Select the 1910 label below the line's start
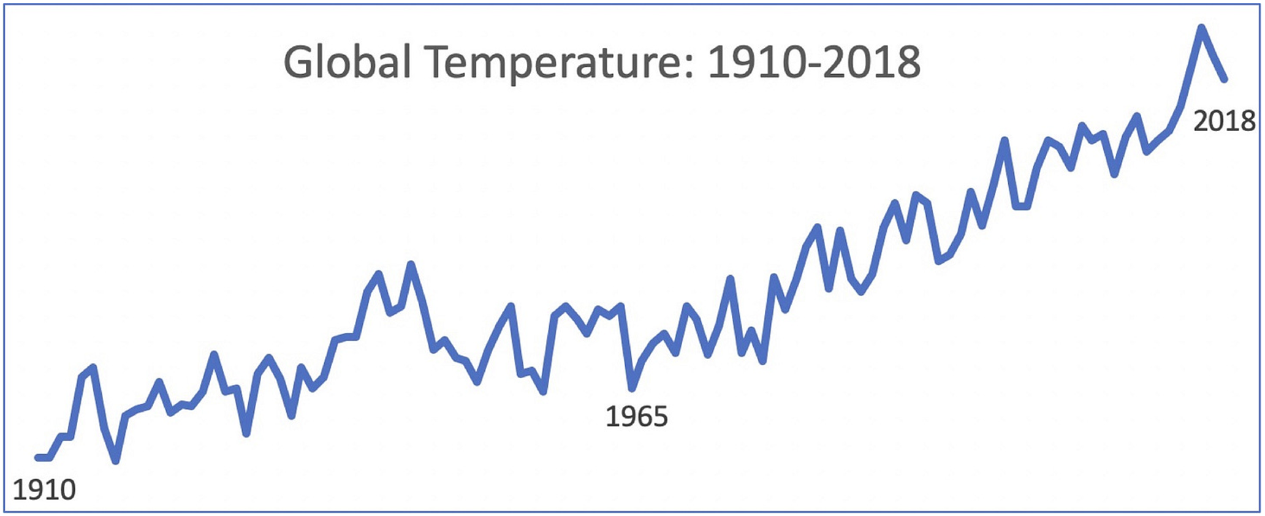(x=44, y=490)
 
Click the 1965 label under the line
(x=636, y=417)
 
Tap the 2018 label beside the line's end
(x=1224, y=121)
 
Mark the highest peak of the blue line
(x=1201, y=27)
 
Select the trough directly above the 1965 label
(x=632, y=388)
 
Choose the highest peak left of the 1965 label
(x=411, y=264)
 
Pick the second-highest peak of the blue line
(x=1137, y=115)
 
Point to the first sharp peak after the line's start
(x=93, y=367)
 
